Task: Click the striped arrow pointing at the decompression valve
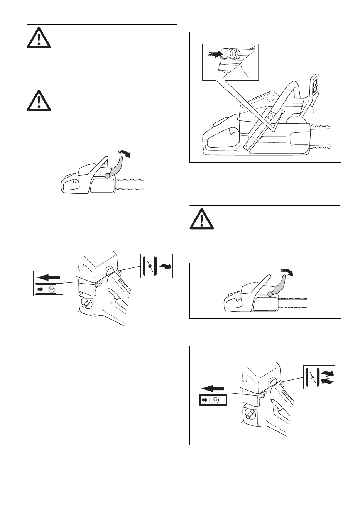[x=215, y=54]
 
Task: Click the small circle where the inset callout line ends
[x=283, y=111]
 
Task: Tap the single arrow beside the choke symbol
[x=166, y=266]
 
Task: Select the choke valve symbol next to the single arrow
[x=150, y=266]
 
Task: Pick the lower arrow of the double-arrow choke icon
[x=328, y=381]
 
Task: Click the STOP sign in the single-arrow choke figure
[x=52, y=289]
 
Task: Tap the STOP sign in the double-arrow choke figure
[x=216, y=400]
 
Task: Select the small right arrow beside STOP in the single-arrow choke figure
[x=41, y=289]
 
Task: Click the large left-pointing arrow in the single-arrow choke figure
[x=49, y=277]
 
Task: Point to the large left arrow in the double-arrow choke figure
[x=213, y=388]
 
